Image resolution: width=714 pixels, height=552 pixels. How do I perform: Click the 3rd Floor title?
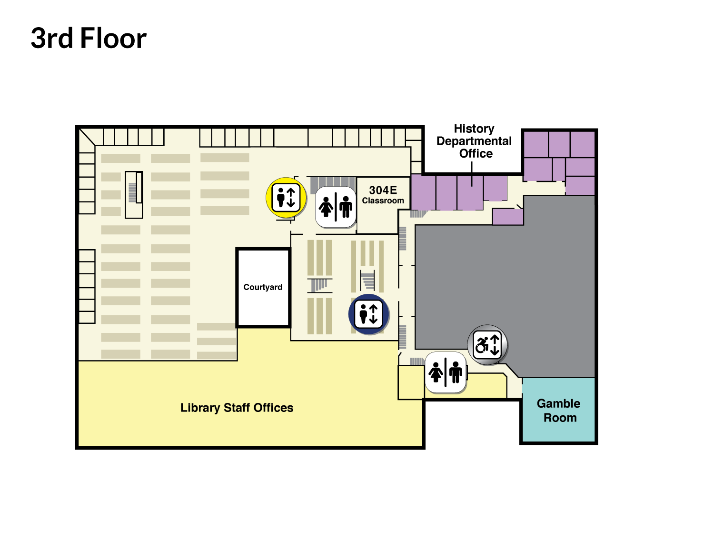click(x=89, y=39)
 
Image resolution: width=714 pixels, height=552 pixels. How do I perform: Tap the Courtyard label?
click(x=263, y=287)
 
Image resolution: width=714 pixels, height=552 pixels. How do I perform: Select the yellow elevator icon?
click(x=286, y=198)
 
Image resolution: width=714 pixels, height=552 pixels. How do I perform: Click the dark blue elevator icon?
click(x=369, y=314)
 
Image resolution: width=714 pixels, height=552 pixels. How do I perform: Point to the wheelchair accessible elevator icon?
click(x=487, y=344)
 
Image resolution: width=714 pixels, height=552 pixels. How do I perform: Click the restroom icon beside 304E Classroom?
click(x=336, y=207)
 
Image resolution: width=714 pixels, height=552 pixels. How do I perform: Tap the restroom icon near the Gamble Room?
click(x=446, y=372)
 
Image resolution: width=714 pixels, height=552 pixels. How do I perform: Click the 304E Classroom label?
click(x=383, y=195)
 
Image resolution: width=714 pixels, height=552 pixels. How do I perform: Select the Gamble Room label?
click(x=558, y=410)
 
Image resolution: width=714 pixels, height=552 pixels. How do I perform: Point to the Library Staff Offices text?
click(x=237, y=408)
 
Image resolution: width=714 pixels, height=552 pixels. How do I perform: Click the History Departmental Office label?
click(x=474, y=141)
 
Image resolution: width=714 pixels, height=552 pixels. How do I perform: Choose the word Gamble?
click(x=558, y=403)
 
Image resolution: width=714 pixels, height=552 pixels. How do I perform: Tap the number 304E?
click(x=383, y=190)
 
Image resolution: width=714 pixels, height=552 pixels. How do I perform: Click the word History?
click(x=474, y=129)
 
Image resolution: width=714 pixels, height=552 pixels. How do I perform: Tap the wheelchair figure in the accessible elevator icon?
click(x=482, y=345)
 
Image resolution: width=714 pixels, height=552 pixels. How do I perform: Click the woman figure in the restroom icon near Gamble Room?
click(x=436, y=372)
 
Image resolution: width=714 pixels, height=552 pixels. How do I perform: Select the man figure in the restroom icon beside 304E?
click(x=346, y=207)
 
